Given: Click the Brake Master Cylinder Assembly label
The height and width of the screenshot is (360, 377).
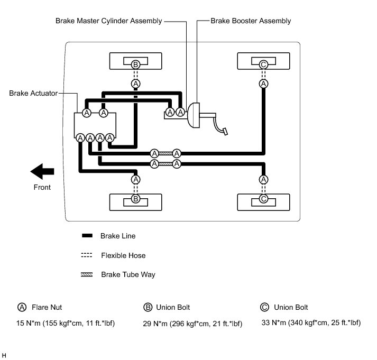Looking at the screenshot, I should [108, 21].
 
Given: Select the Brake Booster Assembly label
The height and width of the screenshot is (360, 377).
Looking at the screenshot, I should [250, 21].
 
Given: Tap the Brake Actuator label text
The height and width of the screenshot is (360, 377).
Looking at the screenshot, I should [33, 93].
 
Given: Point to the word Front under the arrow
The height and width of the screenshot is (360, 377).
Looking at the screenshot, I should [42, 187].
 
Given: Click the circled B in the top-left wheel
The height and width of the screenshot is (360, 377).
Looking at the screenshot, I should [135, 64].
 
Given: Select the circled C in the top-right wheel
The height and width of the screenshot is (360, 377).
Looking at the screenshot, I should [264, 64].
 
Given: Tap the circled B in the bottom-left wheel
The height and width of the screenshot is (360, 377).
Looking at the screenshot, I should [135, 199].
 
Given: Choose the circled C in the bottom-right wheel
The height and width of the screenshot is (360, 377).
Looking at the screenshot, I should [264, 199].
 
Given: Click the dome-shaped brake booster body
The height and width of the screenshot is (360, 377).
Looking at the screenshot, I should [194, 114].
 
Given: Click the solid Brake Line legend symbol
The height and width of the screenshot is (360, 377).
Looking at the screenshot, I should [87, 236].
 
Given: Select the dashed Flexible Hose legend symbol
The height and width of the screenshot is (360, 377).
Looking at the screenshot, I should [87, 255].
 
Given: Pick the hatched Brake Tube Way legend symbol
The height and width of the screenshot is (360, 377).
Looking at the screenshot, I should [87, 274].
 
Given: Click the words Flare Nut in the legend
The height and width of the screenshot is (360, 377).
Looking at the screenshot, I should [47, 307].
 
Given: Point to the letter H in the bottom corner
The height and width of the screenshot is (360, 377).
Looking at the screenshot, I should [4, 354].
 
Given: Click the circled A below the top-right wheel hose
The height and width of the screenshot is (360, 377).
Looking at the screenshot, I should [264, 84].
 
